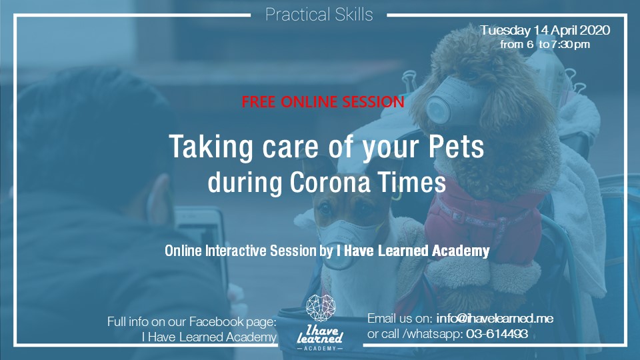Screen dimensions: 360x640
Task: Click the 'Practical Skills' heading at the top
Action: [x=319, y=15]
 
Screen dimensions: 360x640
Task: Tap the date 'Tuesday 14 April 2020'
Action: [x=544, y=31]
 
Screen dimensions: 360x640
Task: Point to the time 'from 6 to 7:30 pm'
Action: [x=545, y=45]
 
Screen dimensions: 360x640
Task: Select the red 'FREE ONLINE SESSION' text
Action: [x=323, y=102]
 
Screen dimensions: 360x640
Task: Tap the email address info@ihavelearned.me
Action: [x=495, y=319]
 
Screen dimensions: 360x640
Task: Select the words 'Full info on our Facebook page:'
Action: [x=192, y=322]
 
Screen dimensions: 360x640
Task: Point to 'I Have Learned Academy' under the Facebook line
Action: [x=209, y=337]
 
